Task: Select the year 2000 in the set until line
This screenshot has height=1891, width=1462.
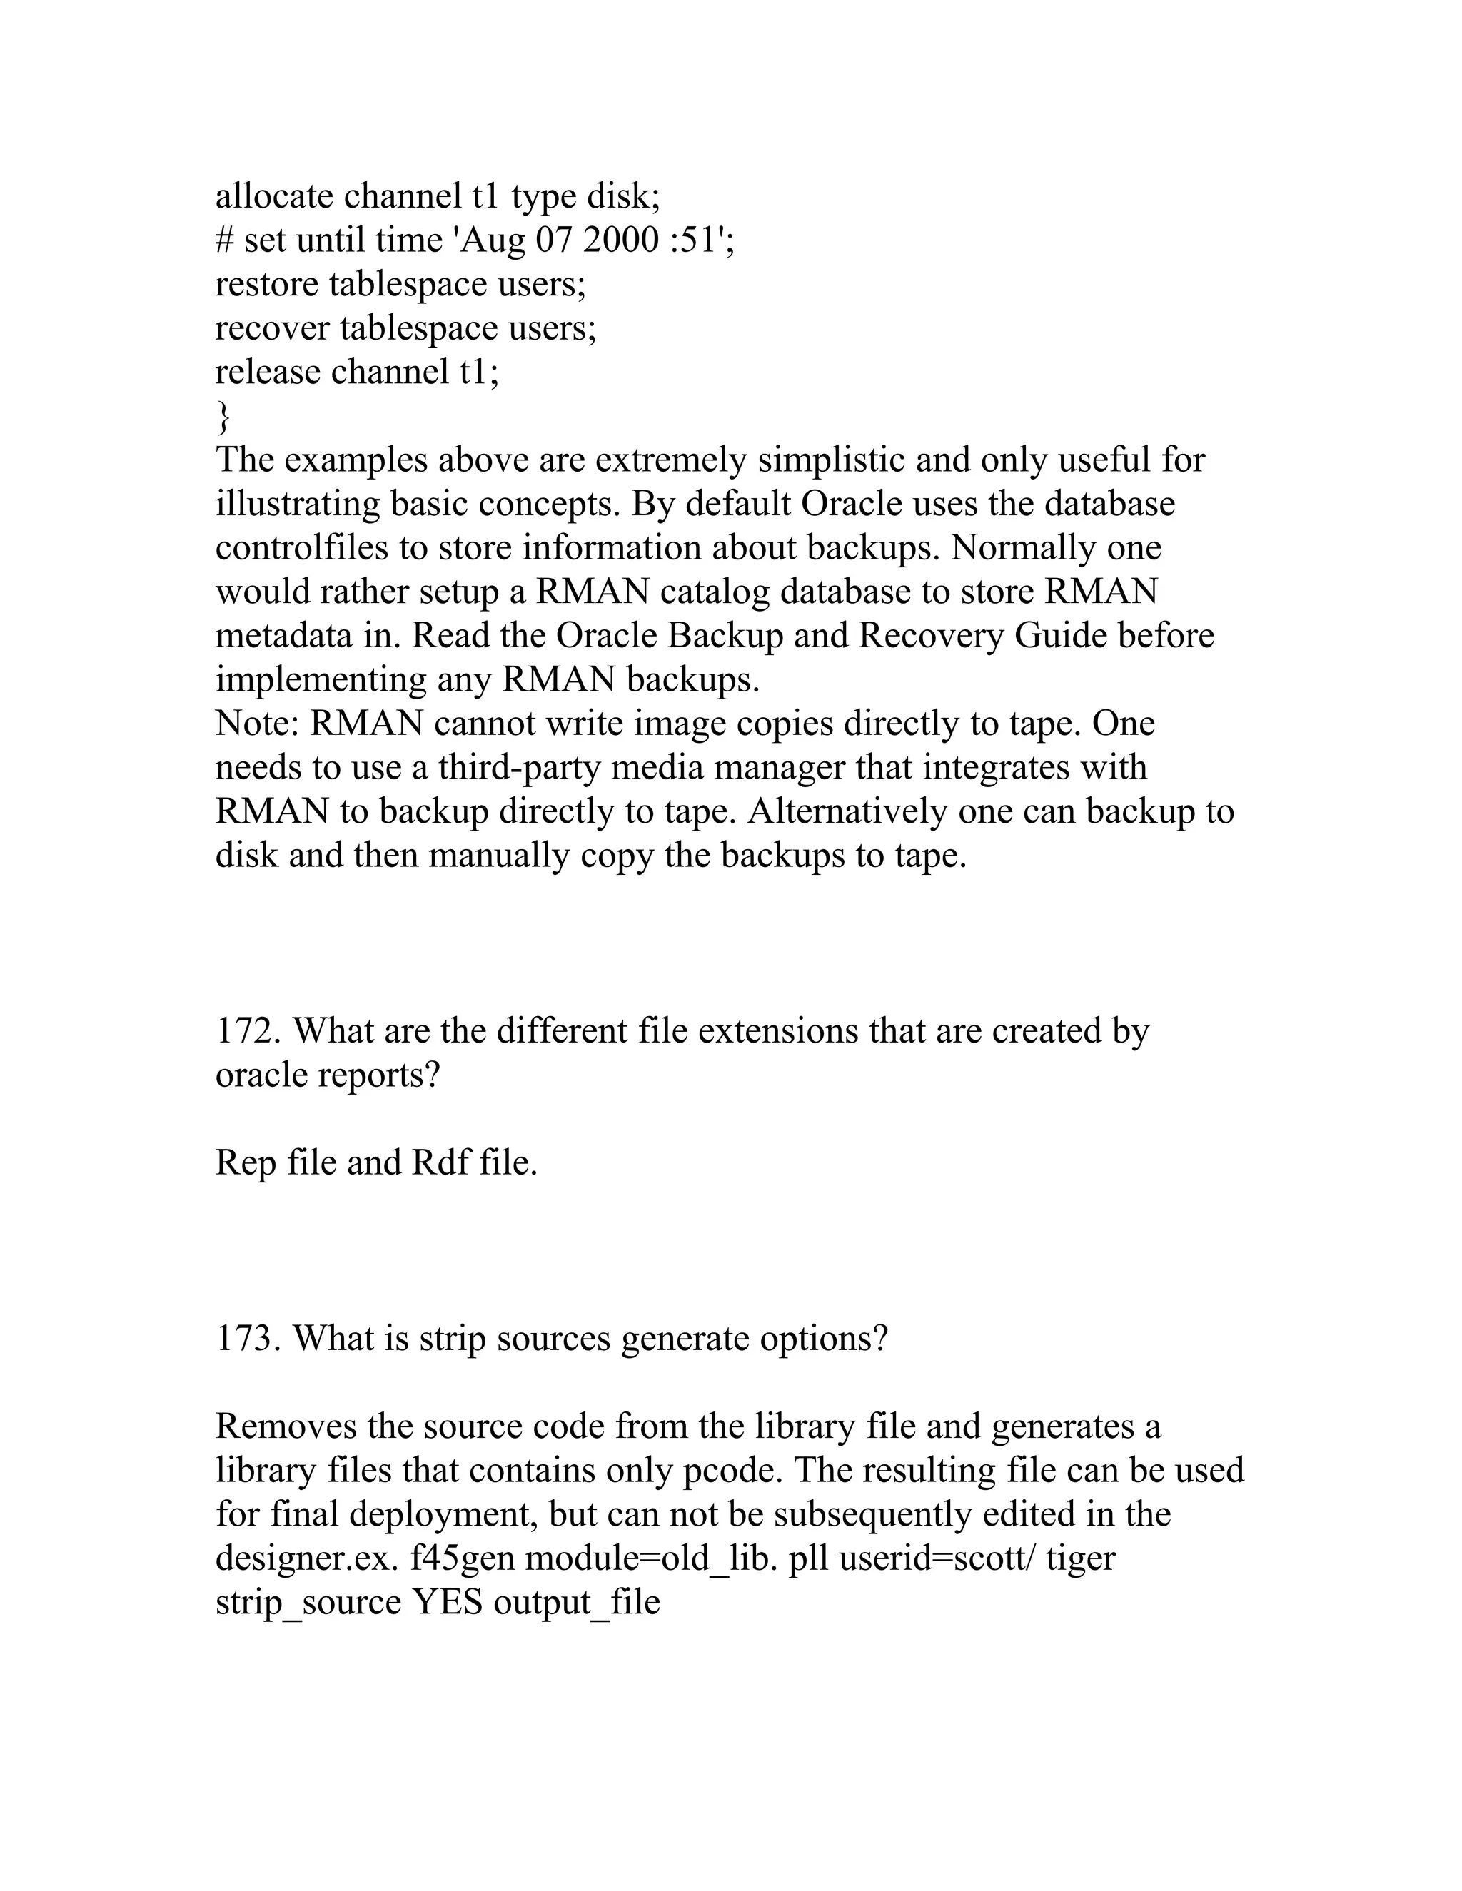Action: point(621,240)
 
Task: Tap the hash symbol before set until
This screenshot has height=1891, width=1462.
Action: point(223,240)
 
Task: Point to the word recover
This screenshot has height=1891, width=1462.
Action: point(272,328)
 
